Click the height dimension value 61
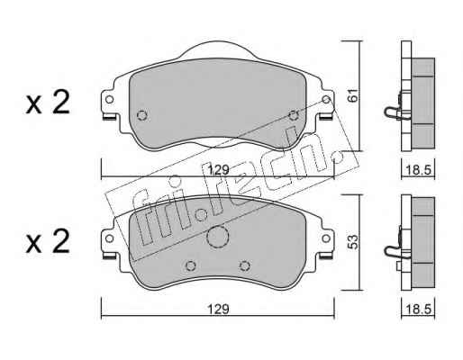coord(353,94)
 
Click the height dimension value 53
coord(353,242)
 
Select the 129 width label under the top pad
coord(219,170)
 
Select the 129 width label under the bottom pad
coord(219,309)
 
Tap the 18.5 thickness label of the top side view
coord(418,170)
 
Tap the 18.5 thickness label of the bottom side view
coord(418,309)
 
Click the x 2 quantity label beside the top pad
coord(48,103)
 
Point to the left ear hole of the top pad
coord(109,99)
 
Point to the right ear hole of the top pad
coord(326,99)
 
